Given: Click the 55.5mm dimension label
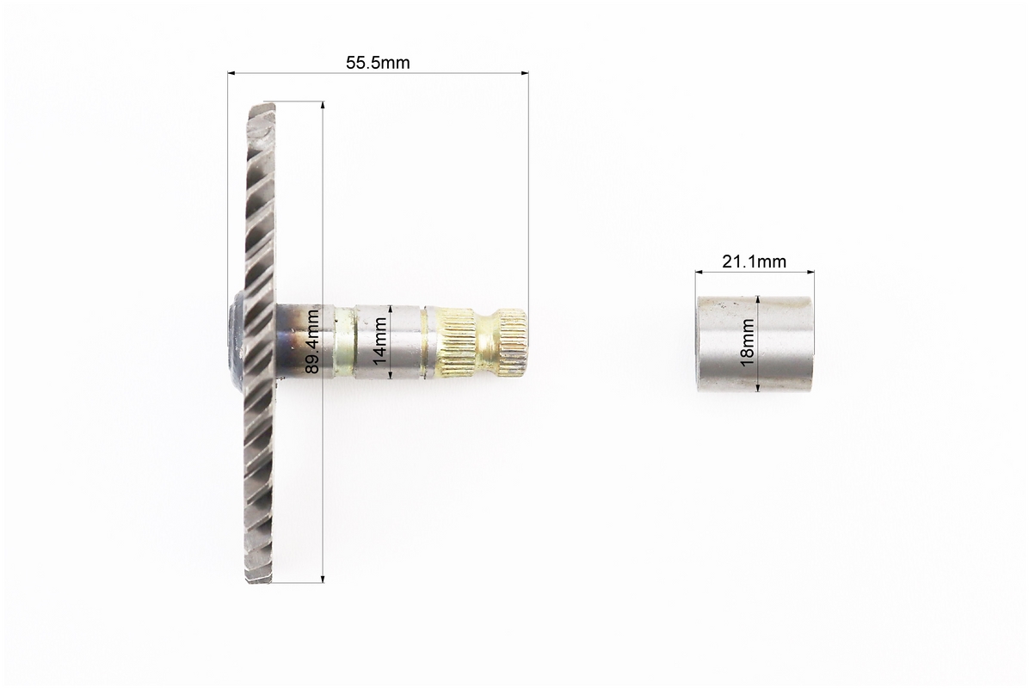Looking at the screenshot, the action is coord(378,62).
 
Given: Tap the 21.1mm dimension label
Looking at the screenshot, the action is coord(754,261).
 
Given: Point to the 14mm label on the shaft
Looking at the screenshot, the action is coord(379,341).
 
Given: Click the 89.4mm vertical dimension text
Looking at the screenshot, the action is coord(313,341).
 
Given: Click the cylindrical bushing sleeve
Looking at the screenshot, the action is coord(754,344).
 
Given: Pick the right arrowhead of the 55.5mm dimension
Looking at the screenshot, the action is coord(524,73).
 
